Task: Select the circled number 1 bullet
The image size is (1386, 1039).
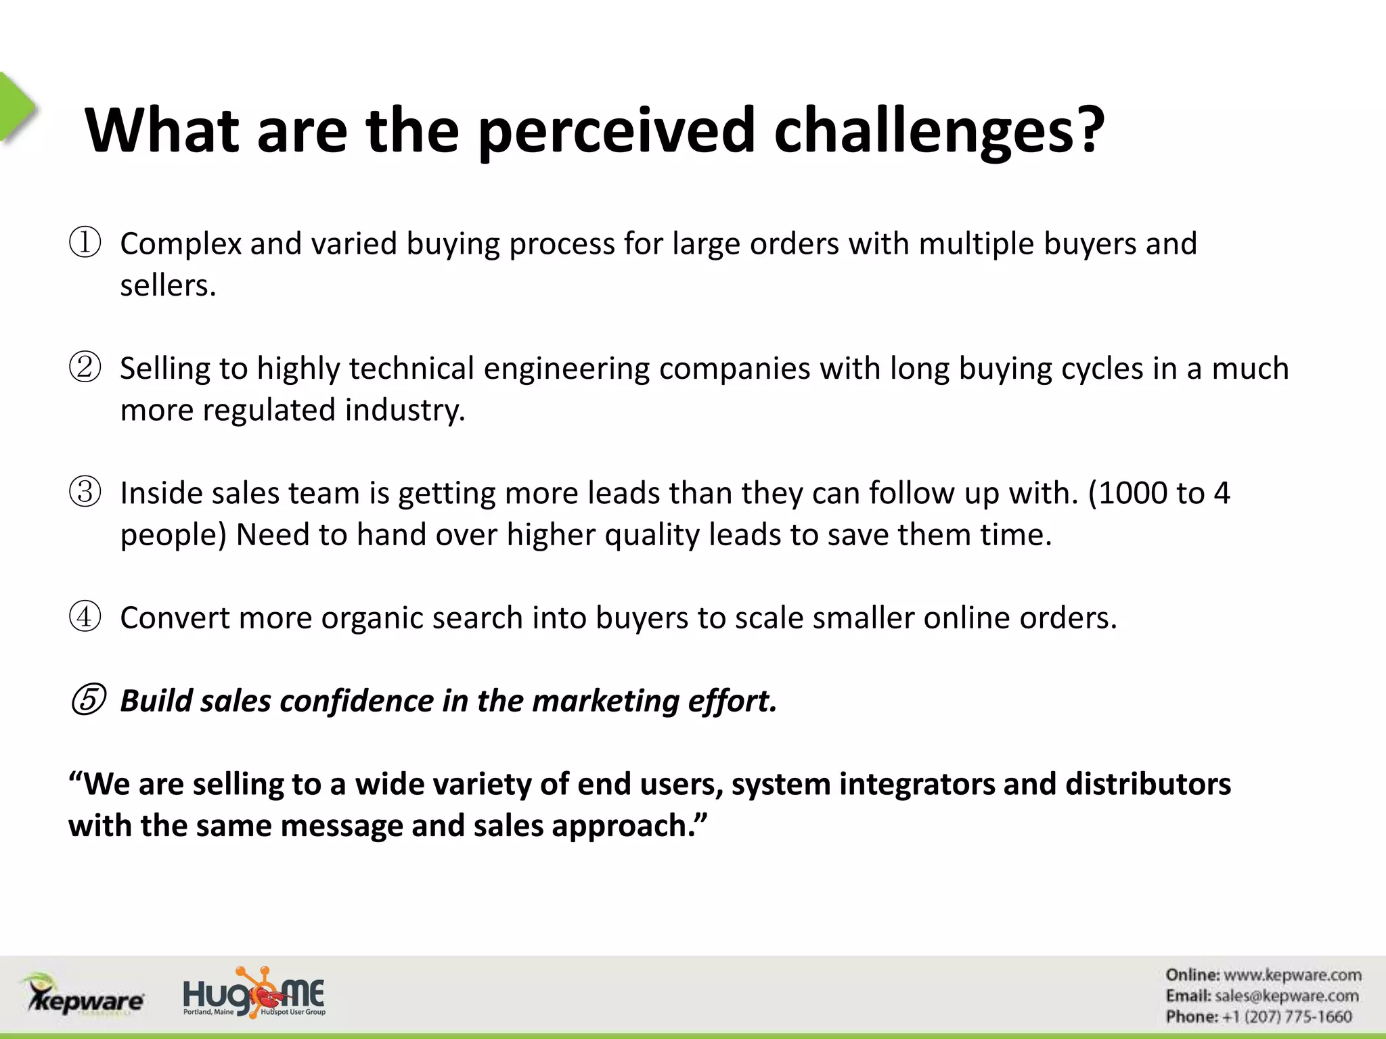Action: point(85,244)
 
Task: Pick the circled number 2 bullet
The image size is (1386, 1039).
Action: point(85,368)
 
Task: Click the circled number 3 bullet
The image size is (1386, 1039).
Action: point(85,492)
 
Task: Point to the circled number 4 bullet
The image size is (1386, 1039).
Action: point(85,617)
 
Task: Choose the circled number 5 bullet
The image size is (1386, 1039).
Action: point(87,701)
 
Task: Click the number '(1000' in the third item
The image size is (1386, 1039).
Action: point(1127,493)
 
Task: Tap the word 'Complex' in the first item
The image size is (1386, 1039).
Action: point(181,244)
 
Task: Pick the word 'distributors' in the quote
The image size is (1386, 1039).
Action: point(1148,784)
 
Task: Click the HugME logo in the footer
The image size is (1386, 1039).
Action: point(254,994)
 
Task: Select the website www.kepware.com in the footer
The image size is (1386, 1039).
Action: point(1292,975)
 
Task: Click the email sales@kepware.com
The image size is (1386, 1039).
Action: point(1287,996)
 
